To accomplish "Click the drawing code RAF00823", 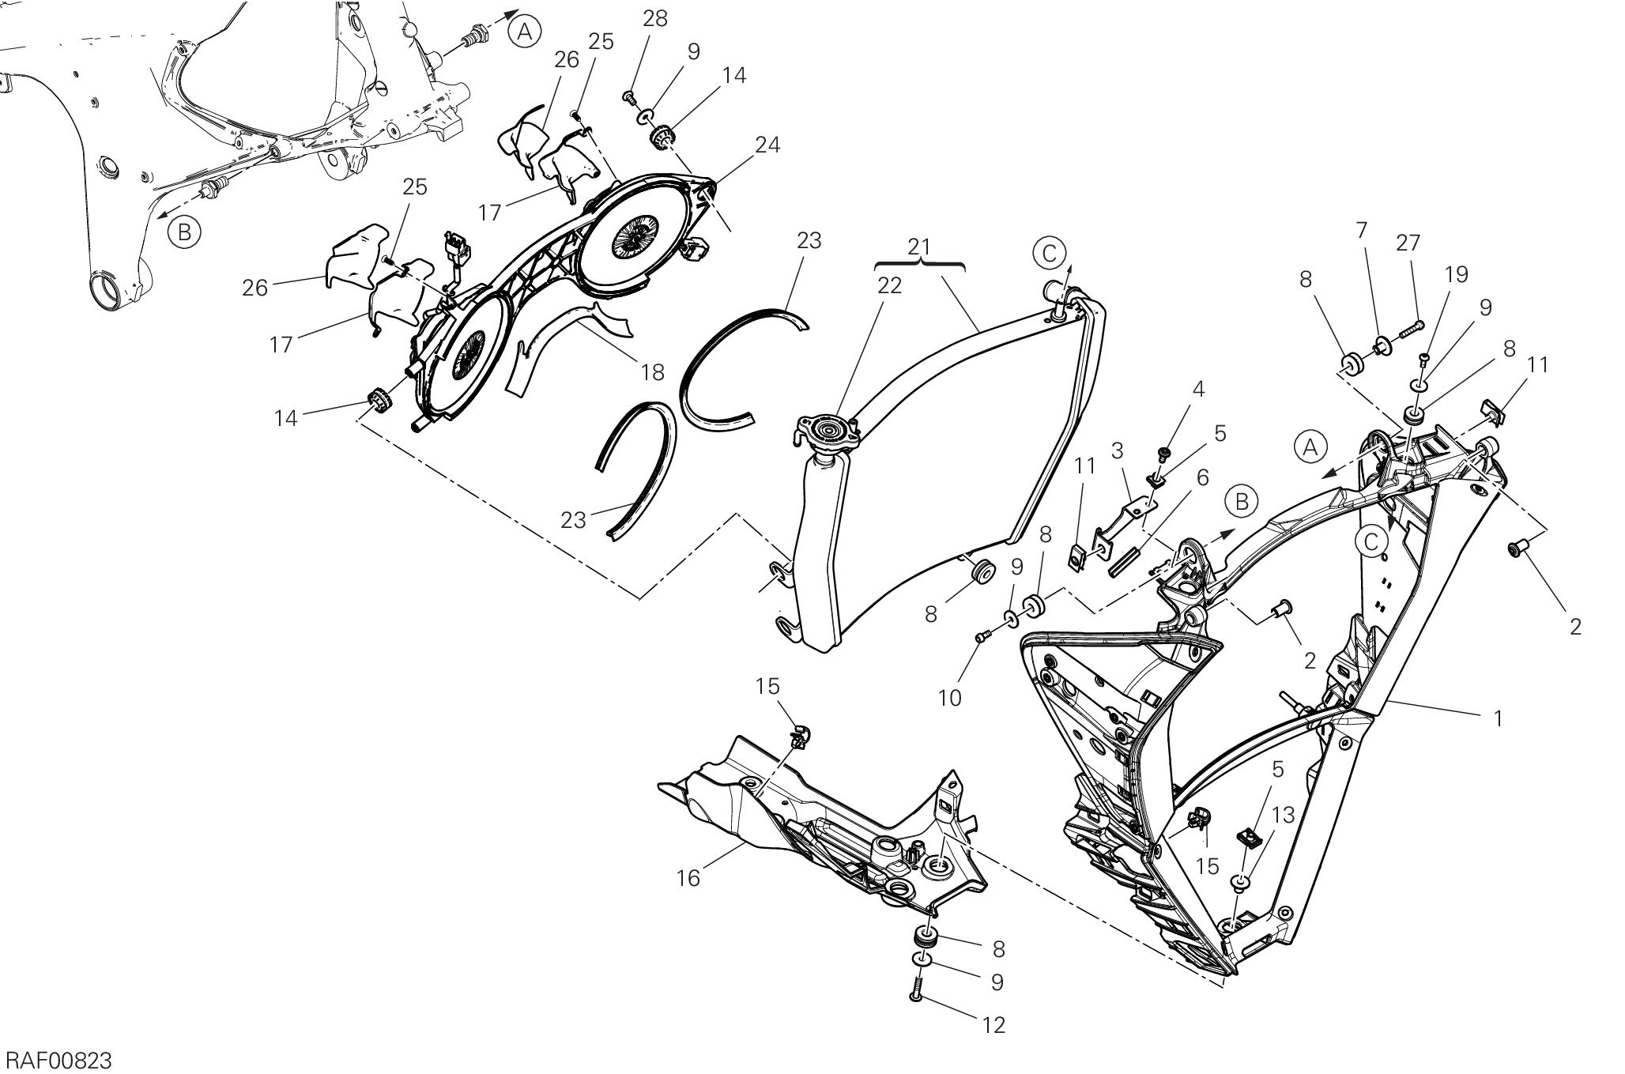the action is (59, 1060).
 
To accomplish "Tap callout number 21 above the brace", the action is (919, 247).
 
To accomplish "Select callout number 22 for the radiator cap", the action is (889, 286).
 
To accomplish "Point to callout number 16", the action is (688, 878).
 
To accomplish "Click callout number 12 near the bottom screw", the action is (993, 1025).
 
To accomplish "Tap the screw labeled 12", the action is (917, 989).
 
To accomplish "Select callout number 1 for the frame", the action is (1497, 718).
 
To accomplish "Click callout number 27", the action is (1408, 243).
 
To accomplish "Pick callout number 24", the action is (767, 145).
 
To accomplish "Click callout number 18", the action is (653, 371).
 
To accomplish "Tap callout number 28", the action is (654, 19).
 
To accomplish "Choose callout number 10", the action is (949, 698).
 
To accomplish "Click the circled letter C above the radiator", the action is (1049, 253).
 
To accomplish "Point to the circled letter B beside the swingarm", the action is (184, 232).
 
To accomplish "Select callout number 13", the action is (1284, 815).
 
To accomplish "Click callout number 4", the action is (1198, 389).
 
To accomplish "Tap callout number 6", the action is (1202, 477).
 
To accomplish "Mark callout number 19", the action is (1456, 274).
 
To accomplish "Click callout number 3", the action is (1117, 450).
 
